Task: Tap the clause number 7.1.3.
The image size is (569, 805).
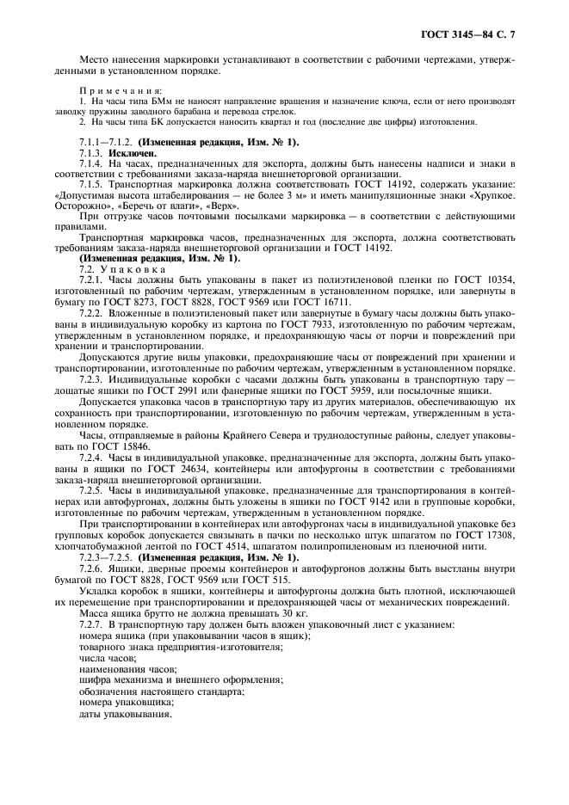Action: click(x=92, y=151)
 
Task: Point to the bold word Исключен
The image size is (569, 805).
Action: click(x=133, y=151)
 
